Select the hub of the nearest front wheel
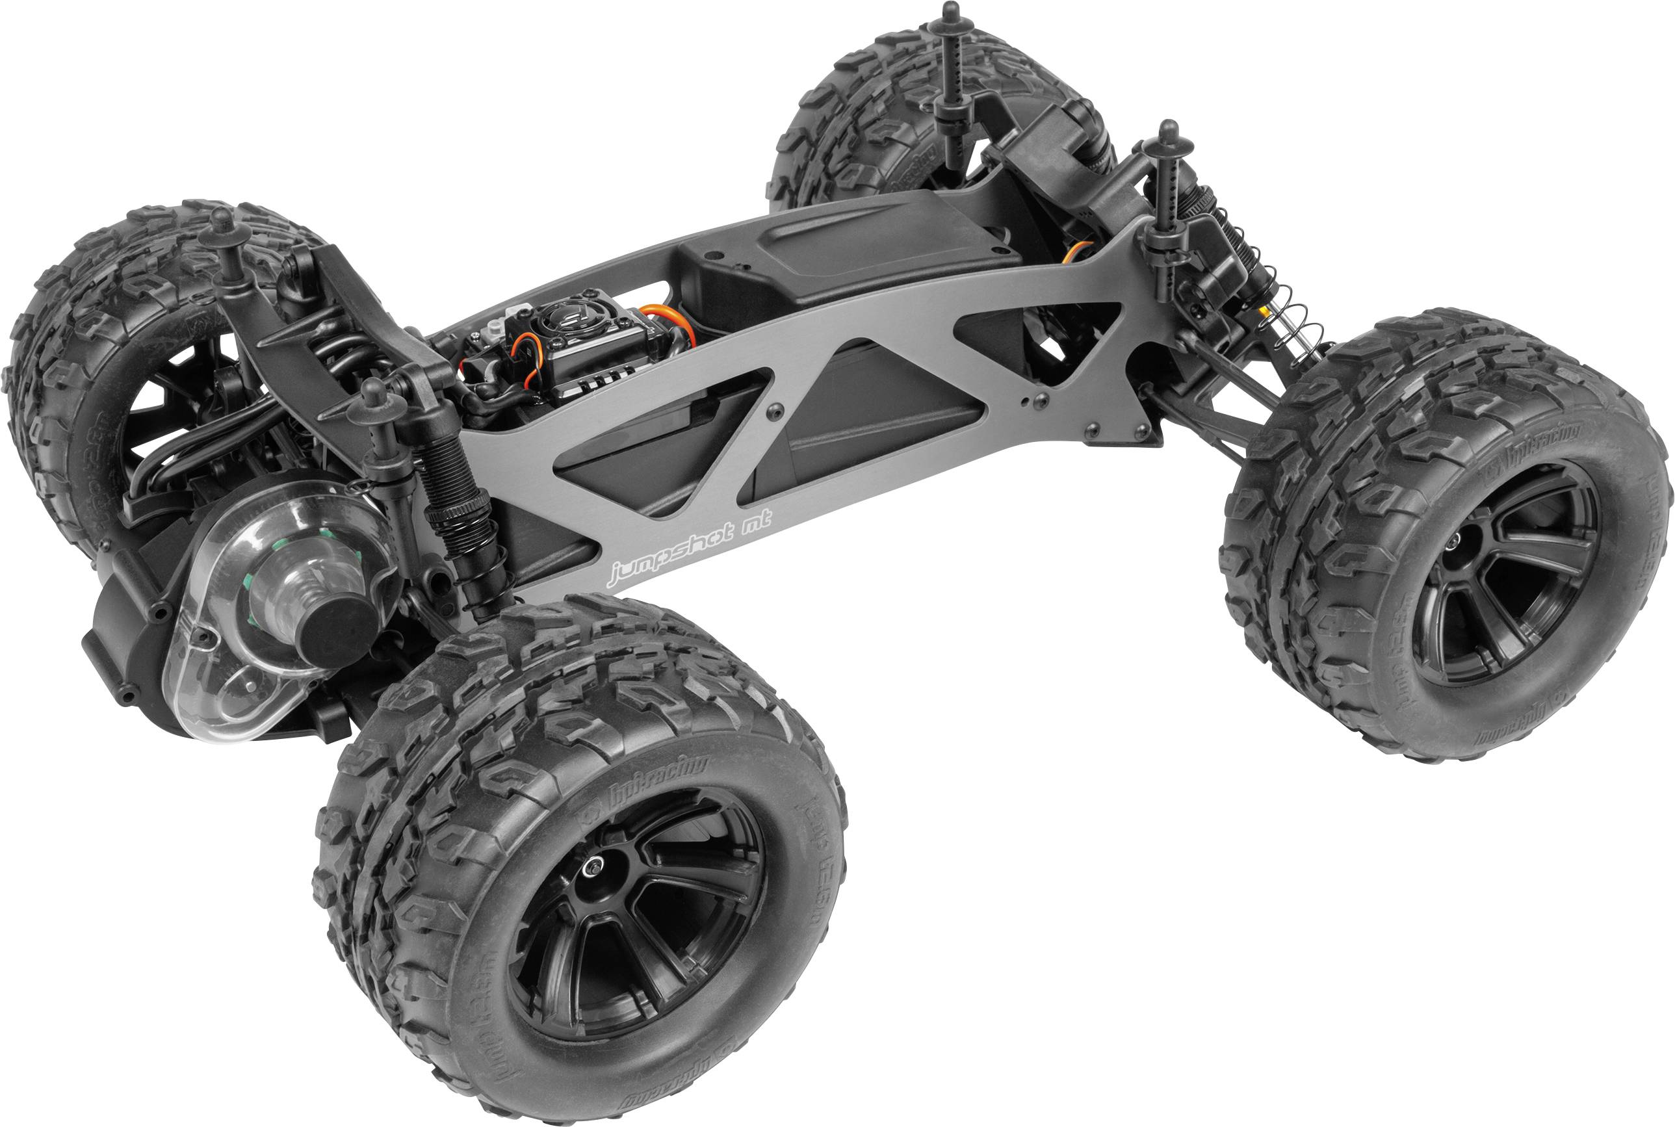595,868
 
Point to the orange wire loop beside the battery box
672,320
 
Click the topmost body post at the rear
952,13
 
